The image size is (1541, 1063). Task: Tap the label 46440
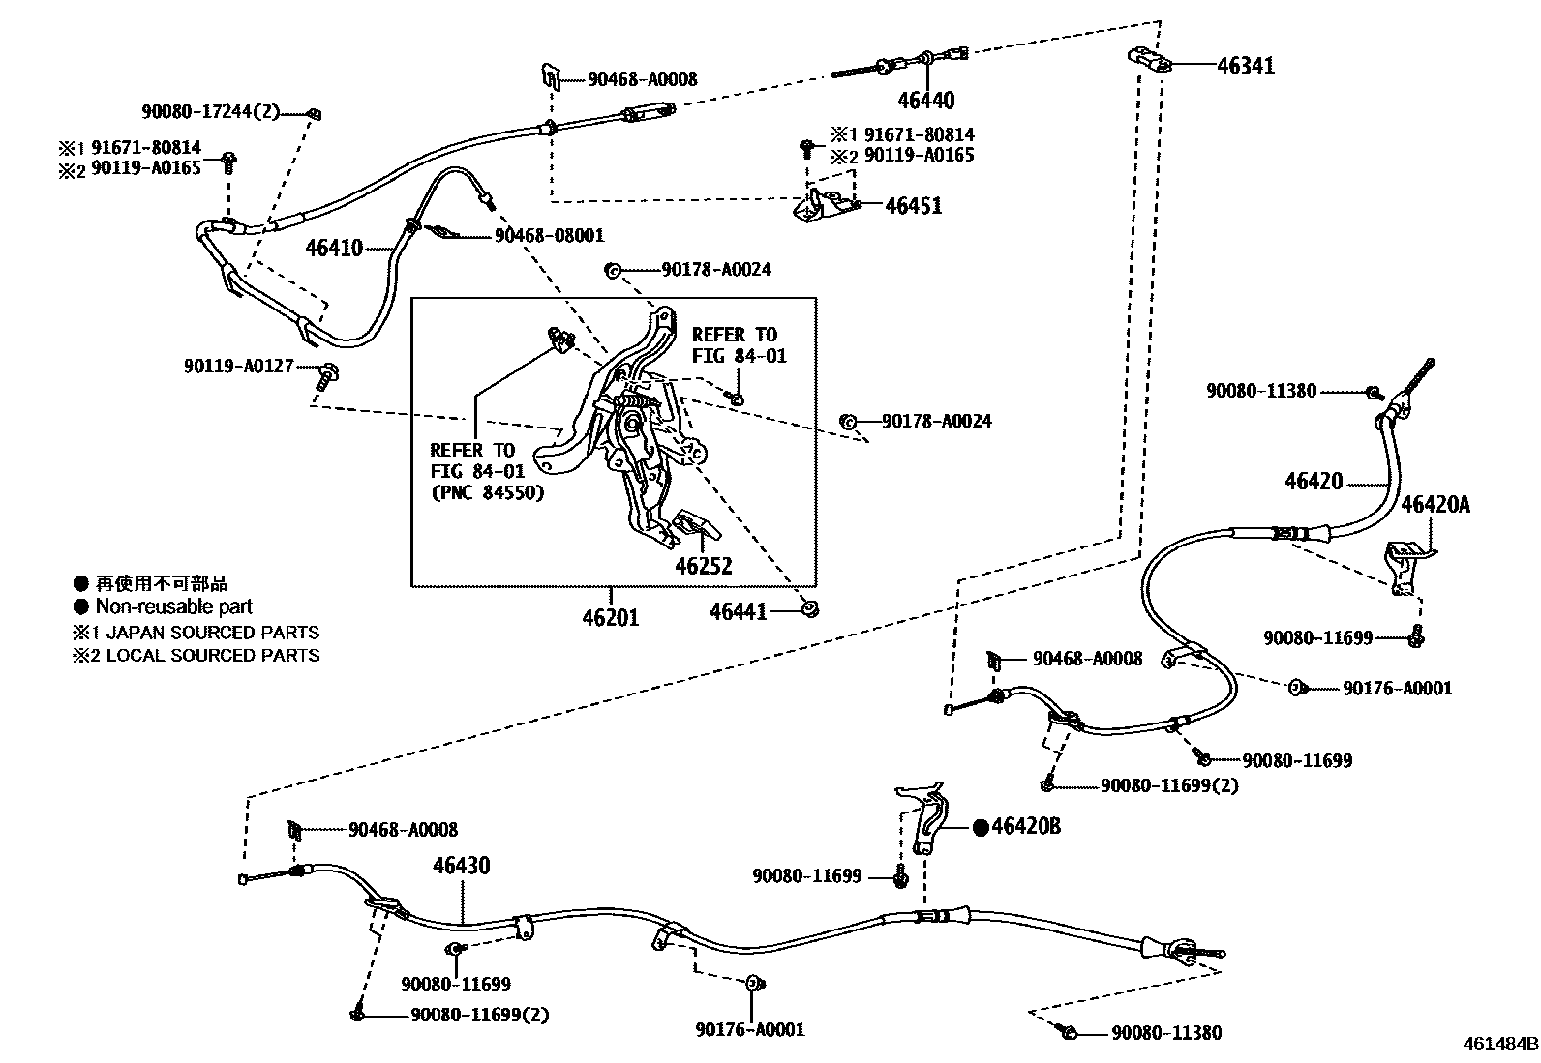pos(925,101)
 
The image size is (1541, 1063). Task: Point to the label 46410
pos(334,248)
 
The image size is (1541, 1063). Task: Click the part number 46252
pos(704,566)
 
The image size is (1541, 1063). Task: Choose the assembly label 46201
pos(611,616)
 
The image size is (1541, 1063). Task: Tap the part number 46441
pos(738,611)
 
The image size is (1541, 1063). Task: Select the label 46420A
pos(1435,504)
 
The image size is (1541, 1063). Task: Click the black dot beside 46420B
pos(980,827)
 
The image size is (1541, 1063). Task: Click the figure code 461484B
pos(1499,1045)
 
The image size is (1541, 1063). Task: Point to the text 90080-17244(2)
pos(210,112)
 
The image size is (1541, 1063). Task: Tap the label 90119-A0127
pos(238,367)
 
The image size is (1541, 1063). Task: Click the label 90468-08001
pos(549,235)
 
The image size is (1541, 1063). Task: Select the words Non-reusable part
pos(173,606)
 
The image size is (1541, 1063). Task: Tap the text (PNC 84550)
pos(487,492)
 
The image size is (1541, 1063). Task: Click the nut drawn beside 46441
pos(810,608)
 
